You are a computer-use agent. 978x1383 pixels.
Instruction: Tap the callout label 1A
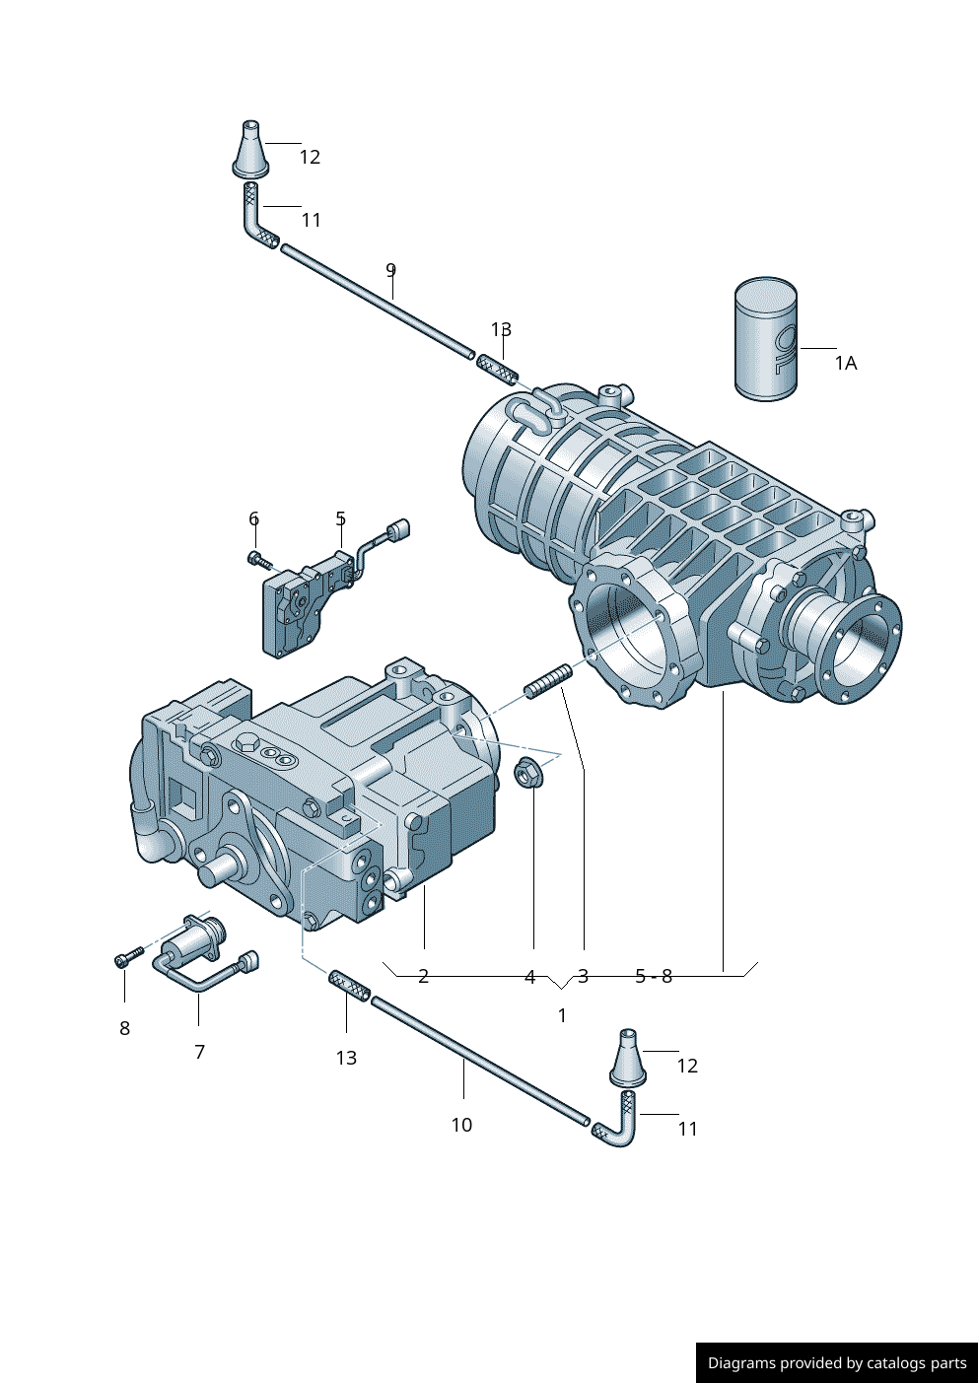846,364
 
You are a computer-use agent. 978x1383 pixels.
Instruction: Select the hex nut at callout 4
530,774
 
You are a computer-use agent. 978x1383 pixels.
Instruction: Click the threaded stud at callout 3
548,681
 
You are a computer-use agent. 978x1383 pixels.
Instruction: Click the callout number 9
390,270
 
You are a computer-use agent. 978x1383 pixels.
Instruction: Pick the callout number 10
461,1125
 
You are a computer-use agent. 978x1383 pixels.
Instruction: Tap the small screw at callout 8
128,957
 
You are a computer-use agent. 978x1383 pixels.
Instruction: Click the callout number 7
199,1052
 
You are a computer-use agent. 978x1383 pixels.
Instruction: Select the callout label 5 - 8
654,976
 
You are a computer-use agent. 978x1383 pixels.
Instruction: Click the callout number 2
423,976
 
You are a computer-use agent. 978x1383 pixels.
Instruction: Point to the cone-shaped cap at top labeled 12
250,152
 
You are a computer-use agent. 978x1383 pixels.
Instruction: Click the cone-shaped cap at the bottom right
627,1061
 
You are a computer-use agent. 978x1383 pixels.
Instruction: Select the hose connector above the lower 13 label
349,985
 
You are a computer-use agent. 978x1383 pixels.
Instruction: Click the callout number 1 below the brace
562,1015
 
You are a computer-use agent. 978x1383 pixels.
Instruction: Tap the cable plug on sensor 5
399,530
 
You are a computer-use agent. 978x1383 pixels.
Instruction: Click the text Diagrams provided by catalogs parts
837,1363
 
